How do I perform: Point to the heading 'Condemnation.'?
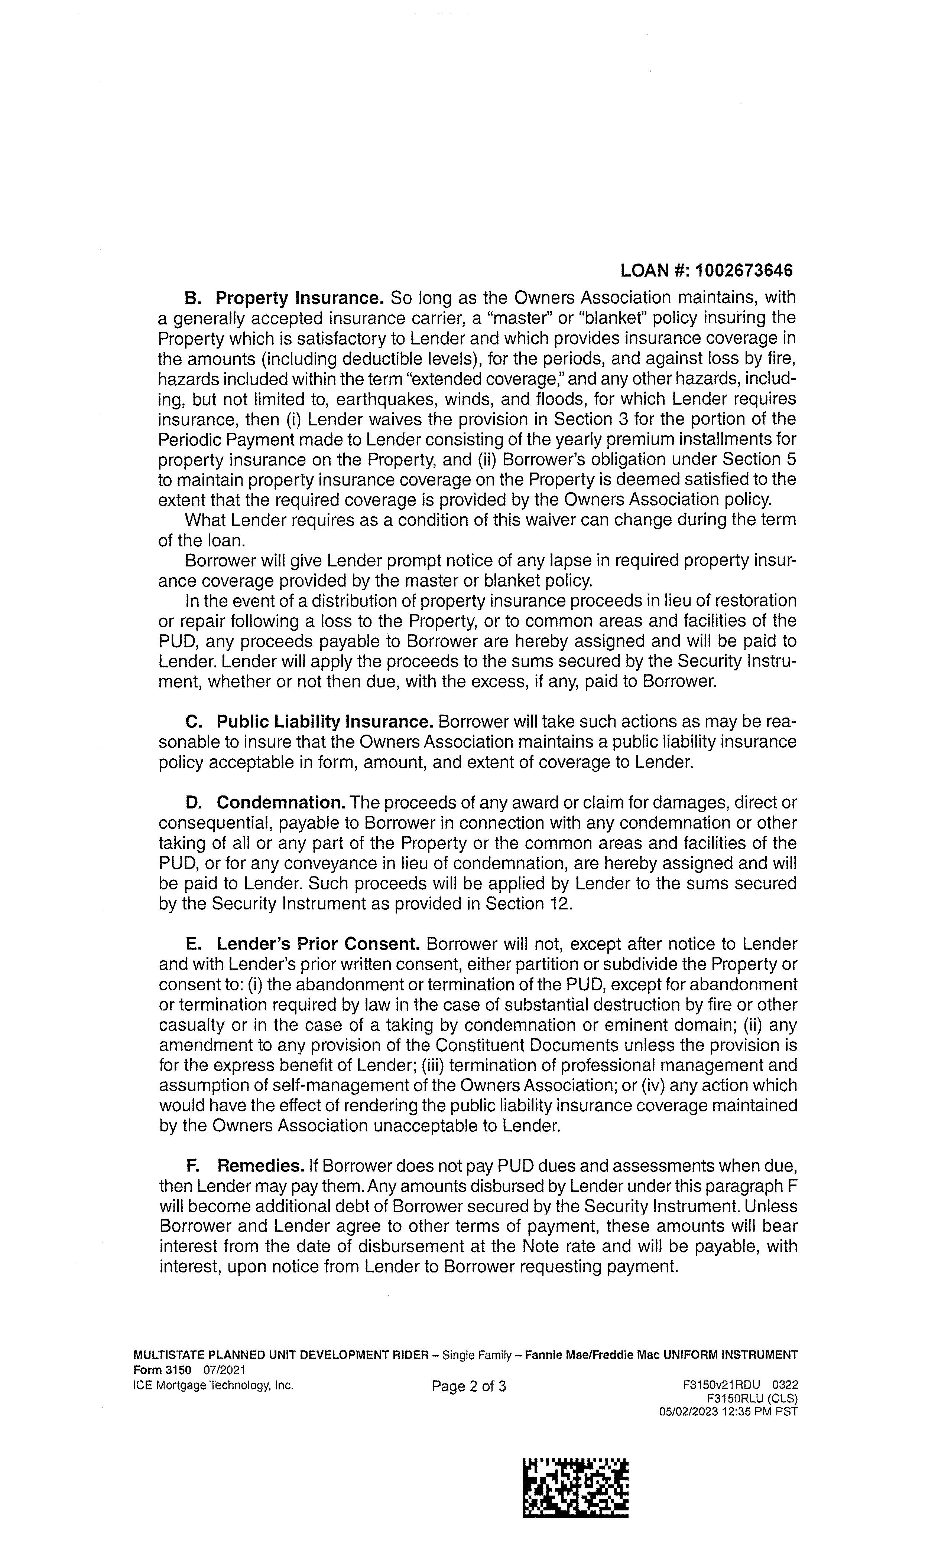[281, 803]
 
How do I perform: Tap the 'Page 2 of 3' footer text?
[469, 1386]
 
